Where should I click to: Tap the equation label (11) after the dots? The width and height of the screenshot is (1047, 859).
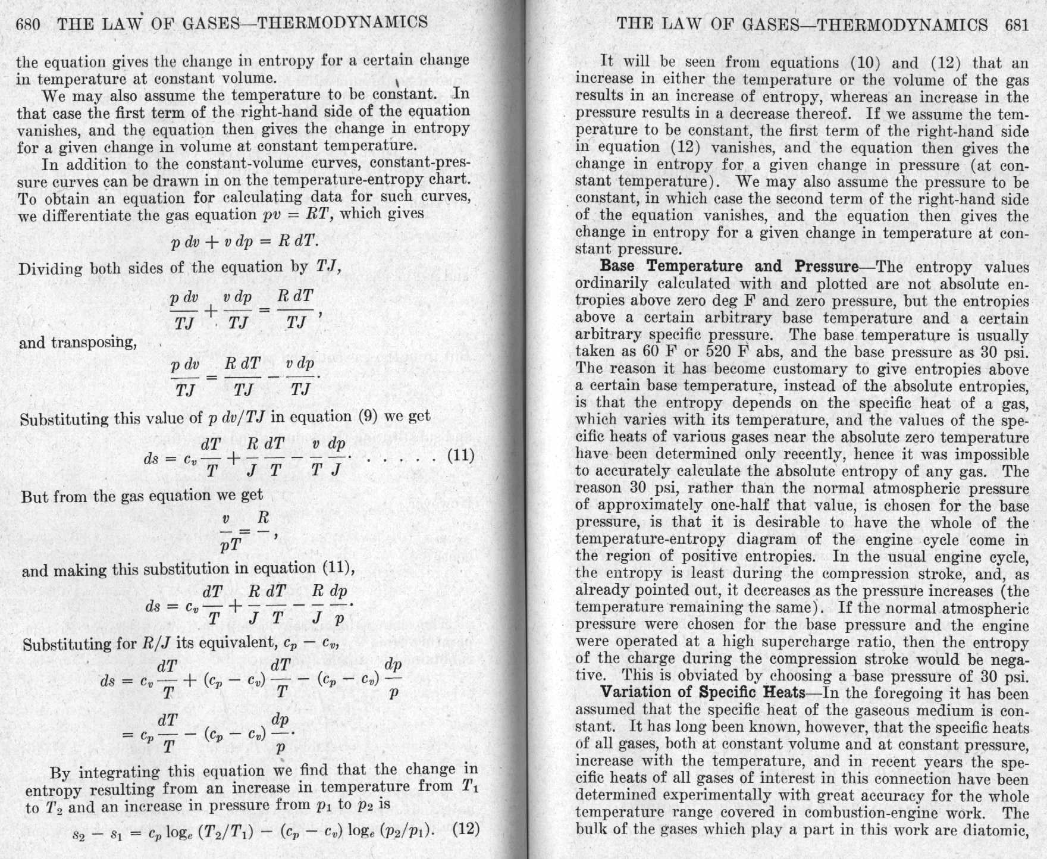click(x=460, y=456)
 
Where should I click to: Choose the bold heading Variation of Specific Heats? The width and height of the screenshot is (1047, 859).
click(x=703, y=692)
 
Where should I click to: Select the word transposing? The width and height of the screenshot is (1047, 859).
click(x=95, y=343)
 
